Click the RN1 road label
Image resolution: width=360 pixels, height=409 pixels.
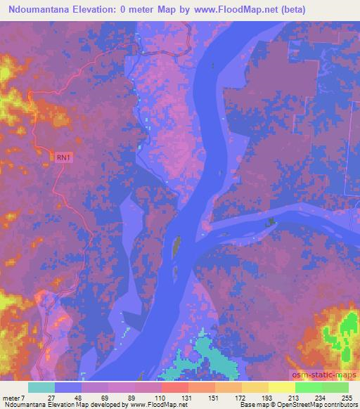click(64, 158)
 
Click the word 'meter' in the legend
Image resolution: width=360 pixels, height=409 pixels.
click(11, 398)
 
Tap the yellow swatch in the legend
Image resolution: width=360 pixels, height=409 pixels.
click(281, 387)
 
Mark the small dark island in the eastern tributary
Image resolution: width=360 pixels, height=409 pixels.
click(270, 223)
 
